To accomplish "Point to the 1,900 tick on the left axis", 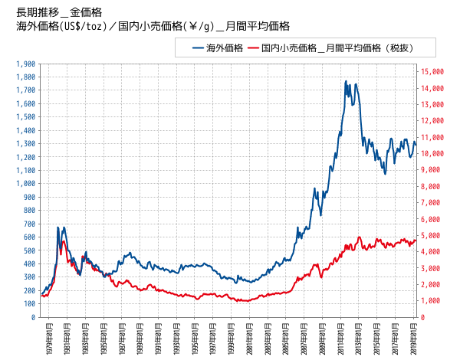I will (25, 64).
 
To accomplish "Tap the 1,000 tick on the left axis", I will (25, 184).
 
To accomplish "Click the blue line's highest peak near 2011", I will (346, 81).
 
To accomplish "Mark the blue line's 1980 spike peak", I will (58, 227).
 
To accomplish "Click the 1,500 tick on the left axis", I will (25, 117).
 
